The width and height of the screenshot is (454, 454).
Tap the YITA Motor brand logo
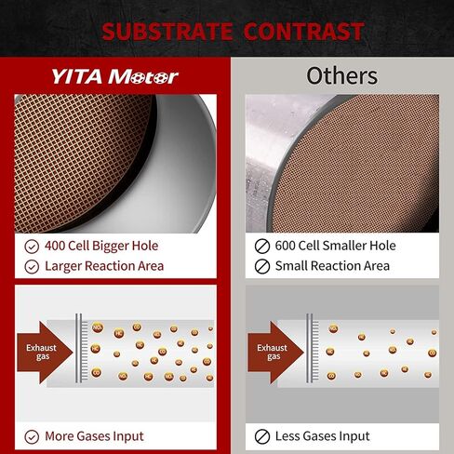(113, 75)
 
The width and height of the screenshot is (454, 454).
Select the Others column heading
(341, 74)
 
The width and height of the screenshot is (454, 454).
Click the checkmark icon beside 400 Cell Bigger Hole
(32, 247)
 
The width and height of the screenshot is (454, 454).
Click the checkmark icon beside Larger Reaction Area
(32, 266)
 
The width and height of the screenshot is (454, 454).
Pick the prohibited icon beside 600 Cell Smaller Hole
(261, 247)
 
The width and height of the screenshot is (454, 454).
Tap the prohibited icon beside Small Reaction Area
(261, 266)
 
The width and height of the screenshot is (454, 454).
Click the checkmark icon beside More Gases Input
(32, 435)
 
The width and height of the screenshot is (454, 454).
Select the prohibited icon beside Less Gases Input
(261, 435)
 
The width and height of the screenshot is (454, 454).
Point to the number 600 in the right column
(288, 247)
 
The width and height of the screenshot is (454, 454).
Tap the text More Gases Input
(94, 435)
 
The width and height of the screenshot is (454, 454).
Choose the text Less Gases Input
(322, 435)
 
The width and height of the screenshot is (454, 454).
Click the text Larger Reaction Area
(104, 266)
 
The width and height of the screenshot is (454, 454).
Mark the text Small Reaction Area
(332, 266)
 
